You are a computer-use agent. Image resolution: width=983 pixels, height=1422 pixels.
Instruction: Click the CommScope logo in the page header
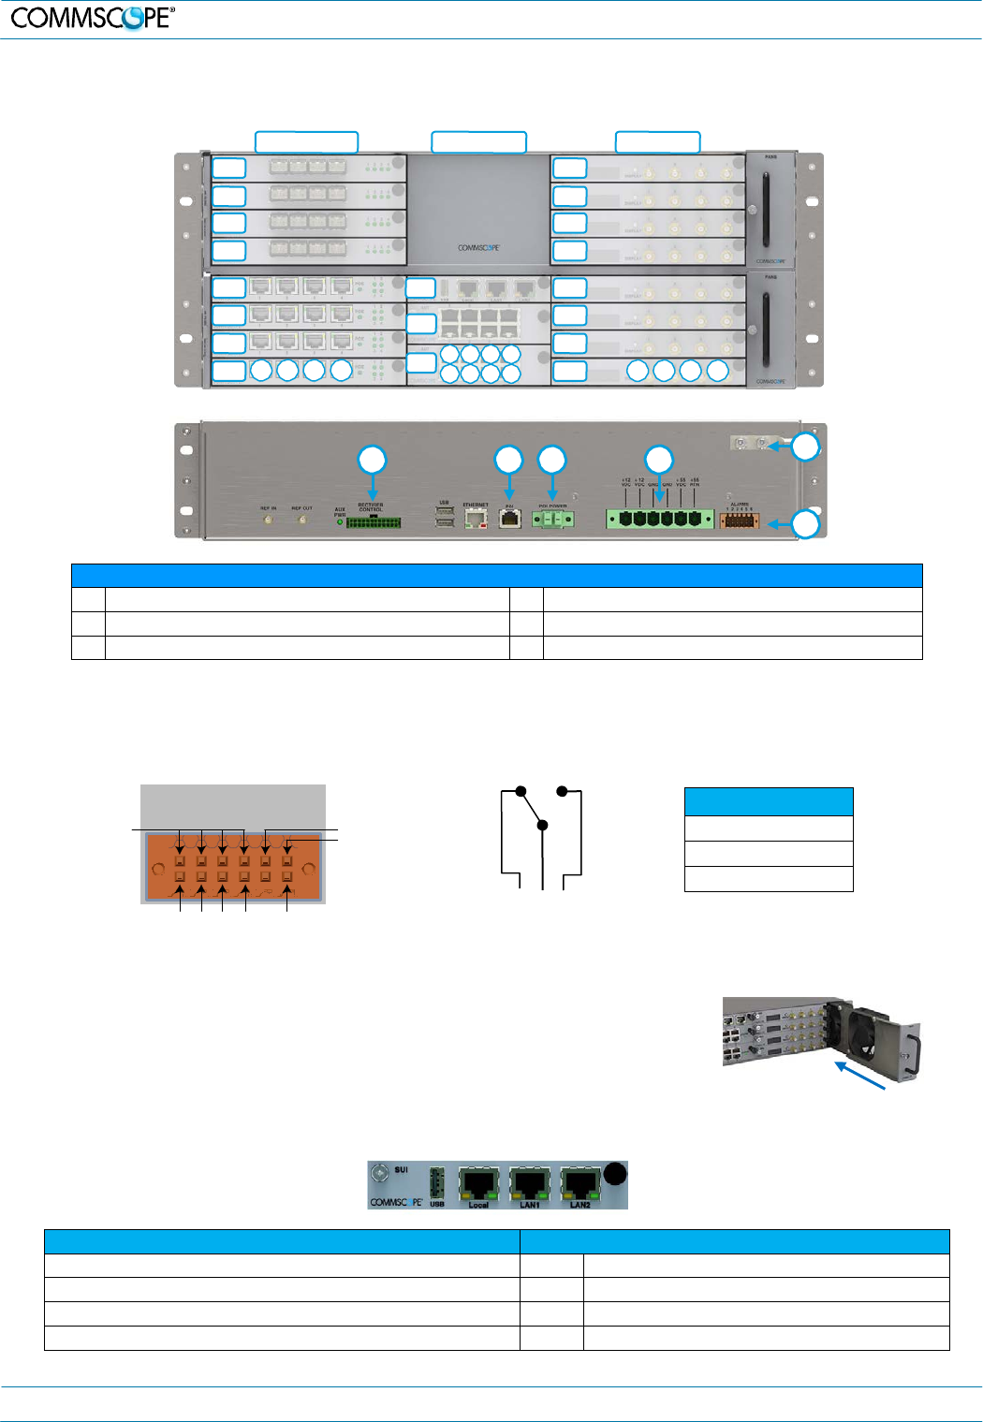click(x=93, y=17)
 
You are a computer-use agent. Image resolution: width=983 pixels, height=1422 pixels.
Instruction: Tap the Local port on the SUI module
click(x=479, y=1183)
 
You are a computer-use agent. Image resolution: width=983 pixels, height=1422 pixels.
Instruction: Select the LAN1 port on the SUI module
click(x=530, y=1183)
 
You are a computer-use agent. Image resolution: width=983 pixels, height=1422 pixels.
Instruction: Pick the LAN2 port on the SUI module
click(x=580, y=1183)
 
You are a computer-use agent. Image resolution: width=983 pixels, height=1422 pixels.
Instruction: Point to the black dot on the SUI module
click(x=614, y=1174)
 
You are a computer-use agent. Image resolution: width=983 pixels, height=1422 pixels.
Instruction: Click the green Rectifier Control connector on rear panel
click(x=374, y=522)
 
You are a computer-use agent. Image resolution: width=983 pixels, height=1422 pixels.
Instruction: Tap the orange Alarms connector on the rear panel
click(x=739, y=520)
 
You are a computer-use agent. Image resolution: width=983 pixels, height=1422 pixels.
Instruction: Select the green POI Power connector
click(x=552, y=519)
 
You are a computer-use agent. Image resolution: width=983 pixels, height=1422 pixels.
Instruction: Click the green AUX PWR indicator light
click(x=340, y=522)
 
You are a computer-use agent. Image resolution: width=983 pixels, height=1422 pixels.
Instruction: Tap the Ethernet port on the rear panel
click(x=476, y=518)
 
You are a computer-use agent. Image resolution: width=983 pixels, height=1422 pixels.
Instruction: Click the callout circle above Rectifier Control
click(x=373, y=460)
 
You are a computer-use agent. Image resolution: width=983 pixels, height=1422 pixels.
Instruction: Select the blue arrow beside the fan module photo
click(x=860, y=1075)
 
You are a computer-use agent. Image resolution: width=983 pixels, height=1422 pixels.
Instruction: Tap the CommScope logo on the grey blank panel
click(x=478, y=248)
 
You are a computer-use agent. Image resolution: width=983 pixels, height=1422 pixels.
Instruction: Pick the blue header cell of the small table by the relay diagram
click(x=769, y=801)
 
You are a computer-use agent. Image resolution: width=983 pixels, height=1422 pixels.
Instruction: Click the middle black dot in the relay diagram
click(x=542, y=825)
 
